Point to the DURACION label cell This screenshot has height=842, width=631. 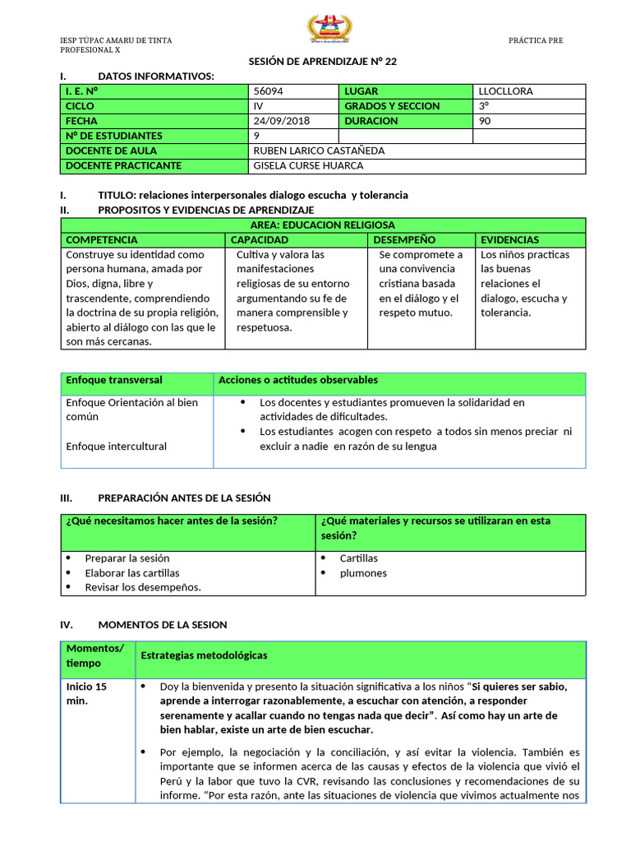pos(371,121)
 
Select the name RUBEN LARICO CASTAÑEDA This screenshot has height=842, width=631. pos(319,150)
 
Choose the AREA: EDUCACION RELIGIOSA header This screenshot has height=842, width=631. pos(322,224)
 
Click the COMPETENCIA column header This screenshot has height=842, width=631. pos(102,239)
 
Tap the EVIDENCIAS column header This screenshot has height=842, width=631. pos(509,239)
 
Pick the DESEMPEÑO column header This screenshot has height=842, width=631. pos(404,239)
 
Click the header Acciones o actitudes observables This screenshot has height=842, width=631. pos(298,380)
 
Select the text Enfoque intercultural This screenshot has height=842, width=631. pos(116,446)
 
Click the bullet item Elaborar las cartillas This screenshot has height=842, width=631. pos(132,572)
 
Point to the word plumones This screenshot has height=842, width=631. pos(363,572)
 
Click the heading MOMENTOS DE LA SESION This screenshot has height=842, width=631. pos(163,625)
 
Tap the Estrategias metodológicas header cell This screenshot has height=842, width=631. pos(204,655)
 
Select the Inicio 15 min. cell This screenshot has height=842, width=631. pos(86,693)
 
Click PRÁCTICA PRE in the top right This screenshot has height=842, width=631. pos(536,40)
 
